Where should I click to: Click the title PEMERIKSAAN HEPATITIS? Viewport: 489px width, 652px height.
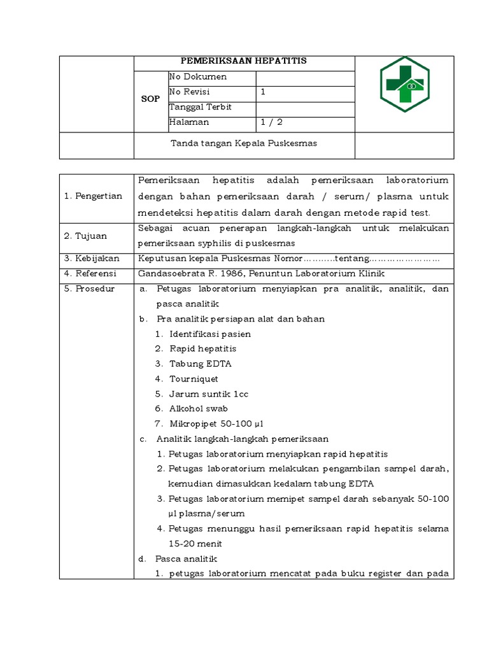coord(244,61)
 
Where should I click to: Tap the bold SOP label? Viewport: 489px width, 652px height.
coord(150,99)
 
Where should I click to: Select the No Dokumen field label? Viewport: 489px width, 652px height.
coord(198,77)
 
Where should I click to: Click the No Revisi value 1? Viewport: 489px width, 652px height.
coord(263,92)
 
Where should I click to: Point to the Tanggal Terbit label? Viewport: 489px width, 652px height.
coord(201,107)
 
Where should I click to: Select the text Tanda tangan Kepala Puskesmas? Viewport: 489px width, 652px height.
coord(244,143)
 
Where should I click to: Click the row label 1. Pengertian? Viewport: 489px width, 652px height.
coord(93,196)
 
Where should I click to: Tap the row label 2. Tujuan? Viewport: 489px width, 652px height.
coord(86,236)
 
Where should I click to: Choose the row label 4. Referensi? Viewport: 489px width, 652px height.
coord(90,273)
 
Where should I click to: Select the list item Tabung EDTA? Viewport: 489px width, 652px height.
coord(201,364)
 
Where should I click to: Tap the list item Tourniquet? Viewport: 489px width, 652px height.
coord(194,379)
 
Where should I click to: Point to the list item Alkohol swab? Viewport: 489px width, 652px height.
coord(199,409)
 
